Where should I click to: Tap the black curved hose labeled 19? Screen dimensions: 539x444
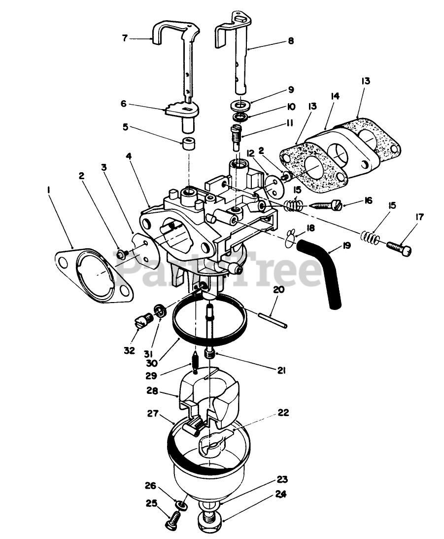coord(326,267)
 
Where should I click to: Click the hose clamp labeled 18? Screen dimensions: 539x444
coord(291,237)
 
